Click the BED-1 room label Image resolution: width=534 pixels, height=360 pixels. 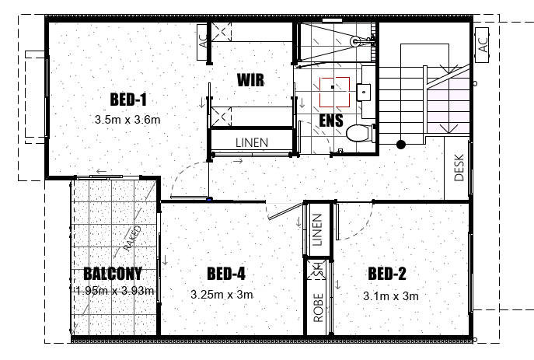[128, 100]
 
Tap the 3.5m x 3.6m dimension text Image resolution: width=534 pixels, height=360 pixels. [127, 120]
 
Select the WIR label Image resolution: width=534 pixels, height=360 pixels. [250, 80]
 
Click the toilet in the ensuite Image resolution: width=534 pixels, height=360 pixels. [361, 133]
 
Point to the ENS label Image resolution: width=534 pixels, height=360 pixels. [331, 121]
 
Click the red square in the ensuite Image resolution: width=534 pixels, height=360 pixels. [334, 92]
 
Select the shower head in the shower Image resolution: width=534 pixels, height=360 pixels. [355, 41]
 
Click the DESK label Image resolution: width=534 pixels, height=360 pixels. [459, 168]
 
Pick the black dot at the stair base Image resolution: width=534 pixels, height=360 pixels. [401, 145]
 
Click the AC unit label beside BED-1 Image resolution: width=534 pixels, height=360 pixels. [203, 42]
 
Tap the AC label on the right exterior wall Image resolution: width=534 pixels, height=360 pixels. [483, 44]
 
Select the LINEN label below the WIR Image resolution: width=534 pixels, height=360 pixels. [252, 142]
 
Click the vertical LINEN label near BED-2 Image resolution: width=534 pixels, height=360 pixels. [317, 229]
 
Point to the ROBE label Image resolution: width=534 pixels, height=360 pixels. [318, 308]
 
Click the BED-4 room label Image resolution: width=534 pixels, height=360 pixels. [226, 274]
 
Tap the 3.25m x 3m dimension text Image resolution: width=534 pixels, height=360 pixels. [222, 294]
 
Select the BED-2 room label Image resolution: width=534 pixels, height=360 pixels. [387, 274]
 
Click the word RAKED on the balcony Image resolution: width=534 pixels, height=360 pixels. [132, 238]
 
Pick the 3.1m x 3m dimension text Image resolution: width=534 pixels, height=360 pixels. [391, 296]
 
